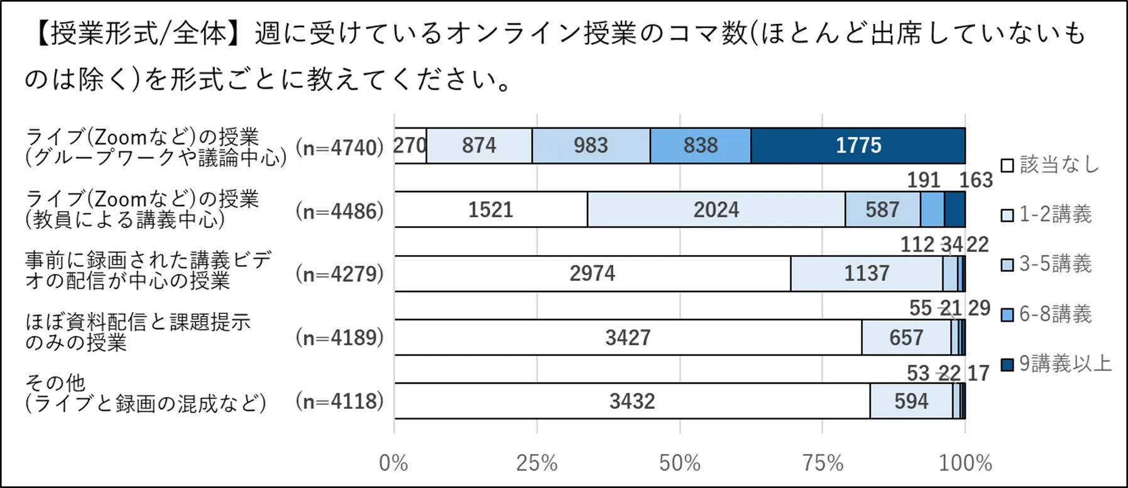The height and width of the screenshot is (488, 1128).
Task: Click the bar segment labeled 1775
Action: pos(858,146)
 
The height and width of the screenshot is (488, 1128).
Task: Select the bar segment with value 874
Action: pos(479,146)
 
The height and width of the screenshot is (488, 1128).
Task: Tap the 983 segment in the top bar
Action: pos(591,146)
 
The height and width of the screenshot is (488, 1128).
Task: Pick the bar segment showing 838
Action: pos(700,146)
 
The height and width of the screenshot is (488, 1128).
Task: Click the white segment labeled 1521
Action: pos(491,210)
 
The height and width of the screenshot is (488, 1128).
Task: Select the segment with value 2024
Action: pos(716,210)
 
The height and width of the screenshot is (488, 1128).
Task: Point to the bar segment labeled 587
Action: pos(882,210)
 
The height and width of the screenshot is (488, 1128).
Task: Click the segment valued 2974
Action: pos(592,274)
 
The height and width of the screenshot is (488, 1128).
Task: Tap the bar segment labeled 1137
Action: pos(867,274)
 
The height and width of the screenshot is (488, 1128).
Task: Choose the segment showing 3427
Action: pos(628,338)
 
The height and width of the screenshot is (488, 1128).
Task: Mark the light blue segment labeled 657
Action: pos(906,338)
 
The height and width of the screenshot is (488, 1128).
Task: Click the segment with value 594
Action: pos(911,401)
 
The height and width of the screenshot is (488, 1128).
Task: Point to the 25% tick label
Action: pos(537,464)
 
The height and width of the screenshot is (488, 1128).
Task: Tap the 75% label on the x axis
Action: pos(823,464)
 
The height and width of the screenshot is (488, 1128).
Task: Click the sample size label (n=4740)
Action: pos(339,148)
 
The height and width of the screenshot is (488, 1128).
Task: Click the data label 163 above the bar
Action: pos(975,180)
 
